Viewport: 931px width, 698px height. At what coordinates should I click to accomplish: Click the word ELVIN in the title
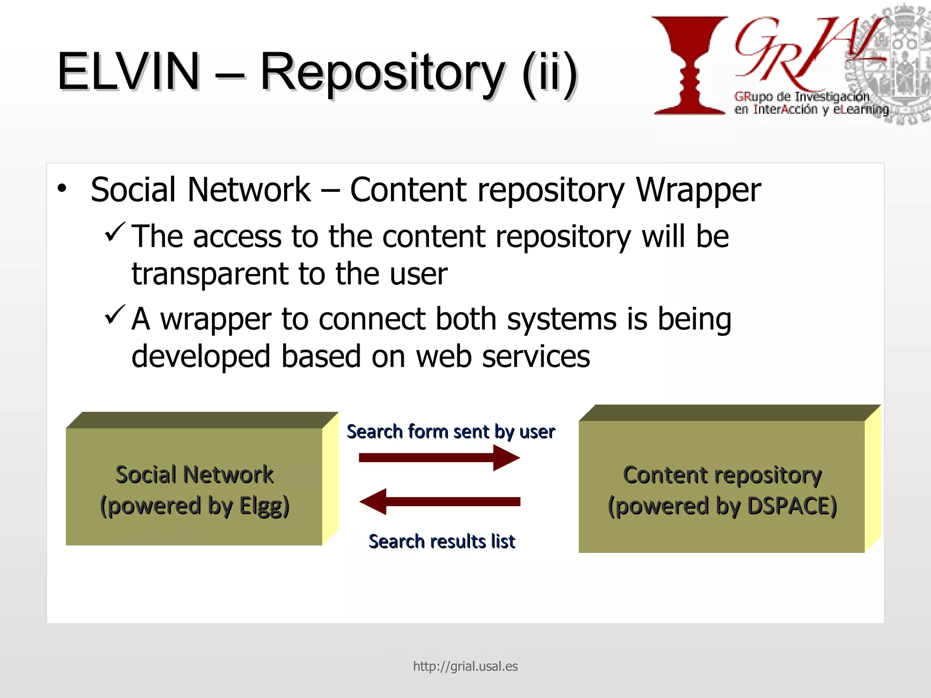pyautogui.click(x=128, y=72)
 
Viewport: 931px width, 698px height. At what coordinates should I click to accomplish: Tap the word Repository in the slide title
pyautogui.click(x=382, y=73)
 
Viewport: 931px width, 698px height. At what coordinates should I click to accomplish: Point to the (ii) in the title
pyautogui.click(x=549, y=73)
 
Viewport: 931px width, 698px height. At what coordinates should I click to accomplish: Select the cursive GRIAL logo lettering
pyautogui.click(x=800, y=52)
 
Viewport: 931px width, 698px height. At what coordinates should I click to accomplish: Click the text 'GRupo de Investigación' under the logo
pyautogui.click(x=801, y=96)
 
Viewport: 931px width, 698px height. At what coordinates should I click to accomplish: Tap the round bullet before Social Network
pyautogui.click(x=62, y=188)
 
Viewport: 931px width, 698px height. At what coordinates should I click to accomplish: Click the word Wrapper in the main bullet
pyautogui.click(x=698, y=190)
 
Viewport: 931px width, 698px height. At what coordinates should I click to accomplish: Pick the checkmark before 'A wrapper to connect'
pyautogui.click(x=115, y=314)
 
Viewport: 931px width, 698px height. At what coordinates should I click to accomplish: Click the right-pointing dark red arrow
pyautogui.click(x=439, y=458)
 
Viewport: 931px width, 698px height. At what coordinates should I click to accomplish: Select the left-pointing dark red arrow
pyautogui.click(x=439, y=502)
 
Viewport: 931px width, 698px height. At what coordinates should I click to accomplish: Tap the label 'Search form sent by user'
pyautogui.click(x=450, y=432)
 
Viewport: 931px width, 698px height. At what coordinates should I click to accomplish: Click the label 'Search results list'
pyautogui.click(x=441, y=542)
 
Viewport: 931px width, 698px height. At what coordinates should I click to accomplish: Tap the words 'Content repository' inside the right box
pyautogui.click(x=722, y=475)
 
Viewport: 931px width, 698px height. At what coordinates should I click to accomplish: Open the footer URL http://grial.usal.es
pyautogui.click(x=465, y=666)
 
